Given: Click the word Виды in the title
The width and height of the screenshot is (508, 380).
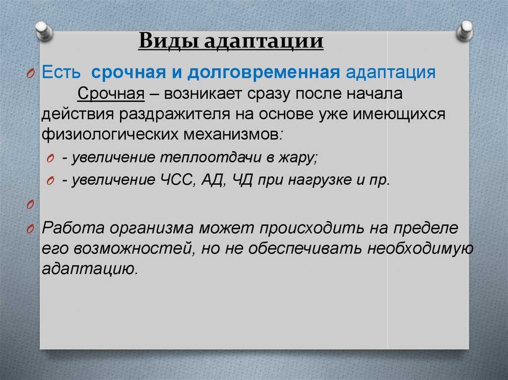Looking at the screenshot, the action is click(x=169, y=42).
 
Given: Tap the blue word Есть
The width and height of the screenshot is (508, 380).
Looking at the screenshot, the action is click(x=61, y=72).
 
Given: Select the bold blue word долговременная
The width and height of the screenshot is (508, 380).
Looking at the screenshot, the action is click(x=264, y=72).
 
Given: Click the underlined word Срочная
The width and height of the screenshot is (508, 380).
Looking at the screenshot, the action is click(x=111, y=94).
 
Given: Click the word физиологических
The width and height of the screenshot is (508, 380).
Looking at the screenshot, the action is click(x=110, y=134).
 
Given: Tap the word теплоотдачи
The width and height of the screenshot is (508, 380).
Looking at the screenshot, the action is click(x=211, y=158).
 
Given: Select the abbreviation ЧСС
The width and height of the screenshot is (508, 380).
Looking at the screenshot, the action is click(x=178, y=180).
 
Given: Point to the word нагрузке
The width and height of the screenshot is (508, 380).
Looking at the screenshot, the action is click(x=320, y=180).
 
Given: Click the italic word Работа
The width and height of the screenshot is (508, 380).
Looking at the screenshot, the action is click(x=73, y=228).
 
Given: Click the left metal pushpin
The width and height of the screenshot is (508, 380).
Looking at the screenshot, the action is click(x=44, y=31).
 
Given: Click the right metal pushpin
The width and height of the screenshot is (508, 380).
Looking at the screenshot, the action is click(x=464, y=30).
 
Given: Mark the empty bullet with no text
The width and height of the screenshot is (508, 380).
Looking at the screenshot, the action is click(x=30, y=205).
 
